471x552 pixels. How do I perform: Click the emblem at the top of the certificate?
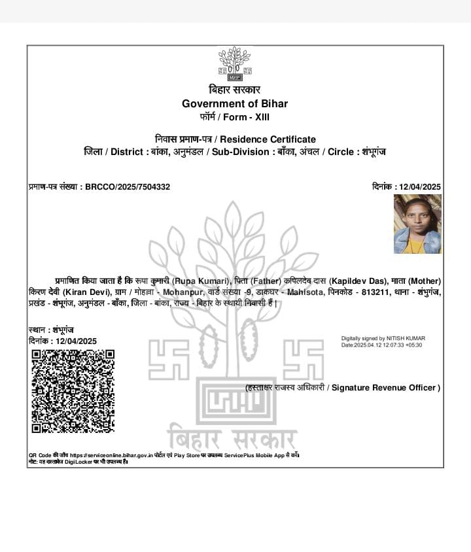[234, 64]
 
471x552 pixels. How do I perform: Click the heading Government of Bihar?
[234, 103]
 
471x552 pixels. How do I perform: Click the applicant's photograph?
[417, 224]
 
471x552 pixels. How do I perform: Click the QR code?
[73, 391]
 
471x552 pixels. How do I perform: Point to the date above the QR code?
[76, 341]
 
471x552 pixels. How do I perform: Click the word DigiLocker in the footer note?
[77, 462]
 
